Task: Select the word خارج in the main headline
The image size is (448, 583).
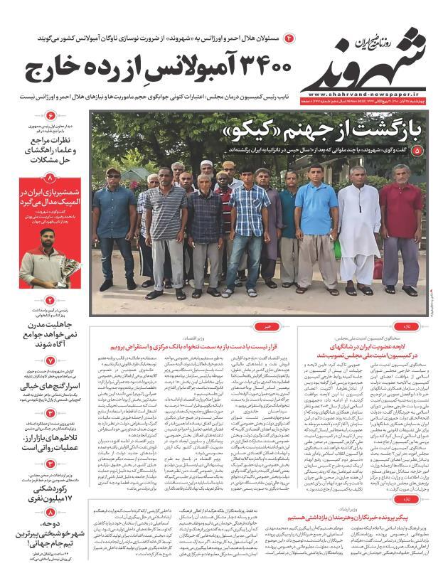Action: pyautogui.click(x=54, y=70)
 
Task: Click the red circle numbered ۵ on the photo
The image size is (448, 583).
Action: pyautogui.click(x=417, y=151)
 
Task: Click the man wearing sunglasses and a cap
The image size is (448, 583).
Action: pyautogui.click(x=114, y=220)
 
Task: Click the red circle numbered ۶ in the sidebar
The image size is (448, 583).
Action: pyautogui.click(x=50, y=114)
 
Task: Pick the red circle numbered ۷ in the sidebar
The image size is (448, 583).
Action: pyautogui.click(x=50, y=360)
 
